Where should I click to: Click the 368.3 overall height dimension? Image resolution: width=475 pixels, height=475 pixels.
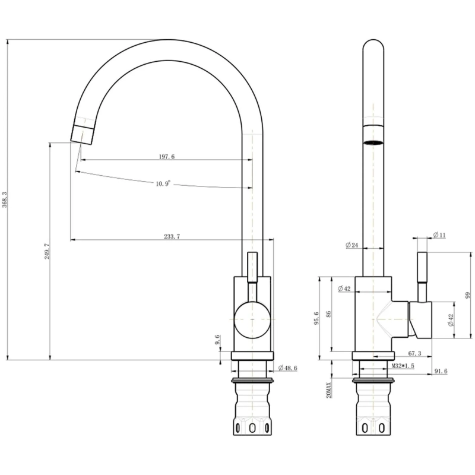[4, 199]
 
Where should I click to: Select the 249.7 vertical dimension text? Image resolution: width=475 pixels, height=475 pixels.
[47, 251]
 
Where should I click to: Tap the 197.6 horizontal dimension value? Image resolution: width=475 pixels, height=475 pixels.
[167, 157]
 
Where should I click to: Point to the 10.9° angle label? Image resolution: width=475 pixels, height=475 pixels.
[164, 183]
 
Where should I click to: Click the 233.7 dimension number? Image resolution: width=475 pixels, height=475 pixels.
[172, 236]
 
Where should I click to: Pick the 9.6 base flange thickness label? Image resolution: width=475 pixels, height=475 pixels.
[217, 340]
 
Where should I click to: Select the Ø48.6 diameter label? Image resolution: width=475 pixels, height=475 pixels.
[287, 368]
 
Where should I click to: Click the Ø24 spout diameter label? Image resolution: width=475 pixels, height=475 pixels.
[351, 245]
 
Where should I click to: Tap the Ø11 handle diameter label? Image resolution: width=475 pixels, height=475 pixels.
[439, 235]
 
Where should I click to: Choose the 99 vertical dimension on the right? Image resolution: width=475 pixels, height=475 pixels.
[467, 295]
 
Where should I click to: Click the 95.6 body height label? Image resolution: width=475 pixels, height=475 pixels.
[316, 318]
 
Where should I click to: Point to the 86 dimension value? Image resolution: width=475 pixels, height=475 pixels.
[329, 314]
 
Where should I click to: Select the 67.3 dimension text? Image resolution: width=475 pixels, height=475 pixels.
[414, 353]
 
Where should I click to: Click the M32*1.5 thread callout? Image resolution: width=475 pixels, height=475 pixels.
[403, 366]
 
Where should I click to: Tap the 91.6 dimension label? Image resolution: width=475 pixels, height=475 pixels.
[441, 371]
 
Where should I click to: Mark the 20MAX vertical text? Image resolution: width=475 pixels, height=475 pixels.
[330, 390]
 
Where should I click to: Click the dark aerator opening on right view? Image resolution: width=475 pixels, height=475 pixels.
[373, 143]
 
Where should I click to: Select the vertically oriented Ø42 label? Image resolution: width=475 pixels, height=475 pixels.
[451, 320]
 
